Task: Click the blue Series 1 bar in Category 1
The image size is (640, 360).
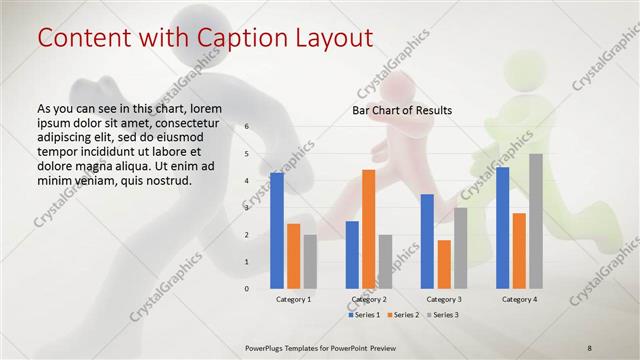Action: pyautogui.click(x=277, y=230)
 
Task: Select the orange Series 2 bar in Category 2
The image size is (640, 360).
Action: pyautogui.click(x=368, y=229)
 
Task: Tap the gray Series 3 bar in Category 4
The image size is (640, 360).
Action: pyautogui.click(x=536, y=220)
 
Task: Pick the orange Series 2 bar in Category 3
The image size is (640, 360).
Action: pyautogui.click(x=444, y=264)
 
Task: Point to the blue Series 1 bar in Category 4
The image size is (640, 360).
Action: pyautogui.click(x=502, y=227)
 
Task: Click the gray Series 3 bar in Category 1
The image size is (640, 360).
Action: pyautogui.click(x=310, y=261)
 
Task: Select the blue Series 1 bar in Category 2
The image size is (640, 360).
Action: pyautogui.click(x=352, y=254)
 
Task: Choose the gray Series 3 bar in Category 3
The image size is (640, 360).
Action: pyautogui.click(x=460, y=247)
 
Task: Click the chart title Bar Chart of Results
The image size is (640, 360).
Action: pyautogui.click(x=402, y=110)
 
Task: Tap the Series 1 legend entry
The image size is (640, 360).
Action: pyautogui.click(x=364, y=315)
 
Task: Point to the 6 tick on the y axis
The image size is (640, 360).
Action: pyautogui.click(x=246, y=127)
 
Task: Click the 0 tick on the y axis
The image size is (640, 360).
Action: pyautogui.click(x=246, y=288)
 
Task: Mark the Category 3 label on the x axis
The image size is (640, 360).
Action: pyautogui.click(x=444, y=299)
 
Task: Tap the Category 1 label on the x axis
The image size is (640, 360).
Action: pyautogui.click(x=294, y=299)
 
